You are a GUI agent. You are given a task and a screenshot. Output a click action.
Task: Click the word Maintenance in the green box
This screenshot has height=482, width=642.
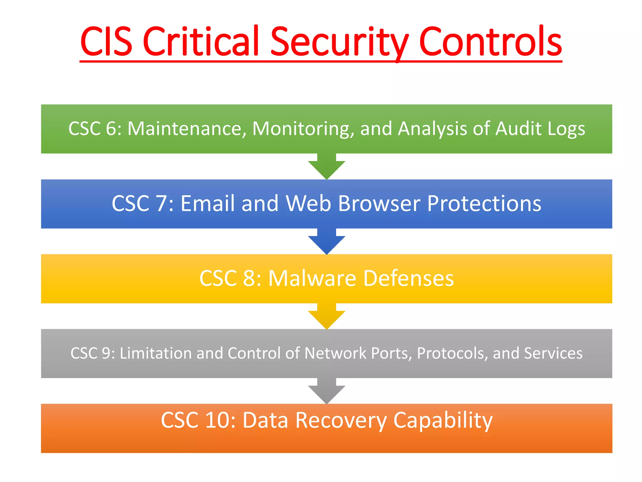click(x=187, y=129)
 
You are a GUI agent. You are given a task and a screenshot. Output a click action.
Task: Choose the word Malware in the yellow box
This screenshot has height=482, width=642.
click(x=312, y=278)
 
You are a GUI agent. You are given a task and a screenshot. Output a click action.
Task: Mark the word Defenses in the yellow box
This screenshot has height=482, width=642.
click(x=408, y=278)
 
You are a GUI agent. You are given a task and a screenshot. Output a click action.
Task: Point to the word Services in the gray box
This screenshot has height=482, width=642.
click(x=553, y=353)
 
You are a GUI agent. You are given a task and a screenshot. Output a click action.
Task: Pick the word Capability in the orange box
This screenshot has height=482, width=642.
click(x=443, y=421)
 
